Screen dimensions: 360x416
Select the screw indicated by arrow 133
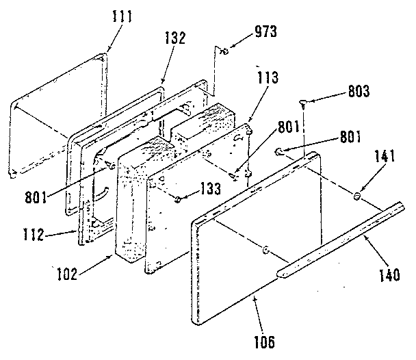point(178,199)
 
